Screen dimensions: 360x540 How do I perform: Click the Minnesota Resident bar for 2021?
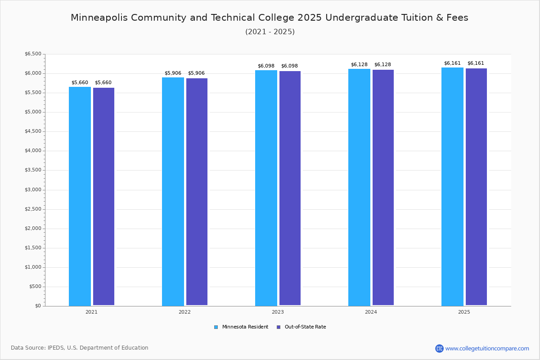point(80,196)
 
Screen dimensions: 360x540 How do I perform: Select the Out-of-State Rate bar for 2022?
point(197,192)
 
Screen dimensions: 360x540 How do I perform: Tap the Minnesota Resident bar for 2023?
point(266,188)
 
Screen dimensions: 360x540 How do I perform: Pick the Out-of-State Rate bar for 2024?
point(383,188)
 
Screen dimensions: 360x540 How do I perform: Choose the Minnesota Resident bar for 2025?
point(452,187)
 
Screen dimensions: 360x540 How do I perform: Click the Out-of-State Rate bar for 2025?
point(476,187)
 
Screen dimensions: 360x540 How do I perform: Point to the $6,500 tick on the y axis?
point(32,54)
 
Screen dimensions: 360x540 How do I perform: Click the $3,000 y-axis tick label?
point(32,190)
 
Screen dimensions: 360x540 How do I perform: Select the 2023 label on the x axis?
point(278,312)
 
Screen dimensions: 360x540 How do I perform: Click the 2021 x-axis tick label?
point(91,312)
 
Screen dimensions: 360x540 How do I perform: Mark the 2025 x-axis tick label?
point(464,312)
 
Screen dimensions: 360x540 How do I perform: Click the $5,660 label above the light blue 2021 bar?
point(80,83)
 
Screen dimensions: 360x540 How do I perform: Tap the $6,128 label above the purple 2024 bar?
point(382,65)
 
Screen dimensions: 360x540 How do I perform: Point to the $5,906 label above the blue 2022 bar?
point(173,73)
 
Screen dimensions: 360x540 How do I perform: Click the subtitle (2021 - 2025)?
point(270,32)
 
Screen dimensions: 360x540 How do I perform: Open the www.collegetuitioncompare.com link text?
point(487,348)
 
